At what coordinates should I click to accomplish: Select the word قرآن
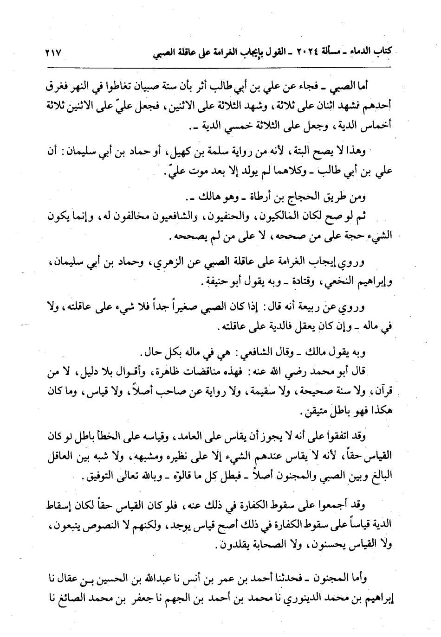pos(382,392)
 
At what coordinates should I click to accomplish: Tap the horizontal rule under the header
pos(220,67)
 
